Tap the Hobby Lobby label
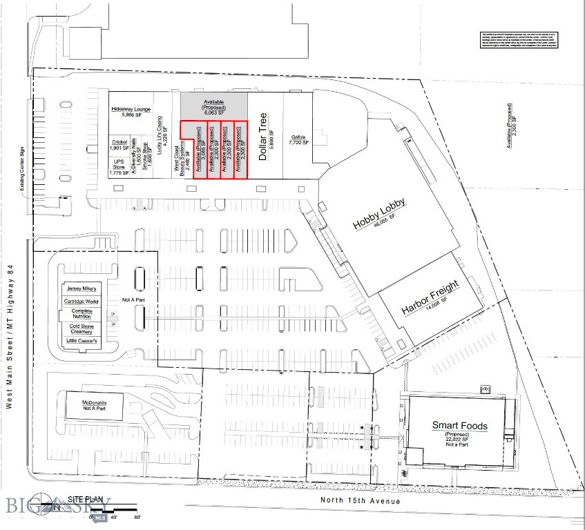[378, 215]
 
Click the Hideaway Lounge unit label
[131, 112]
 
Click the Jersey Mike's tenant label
[81, 288]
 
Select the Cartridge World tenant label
[81, 301]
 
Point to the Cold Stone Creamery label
[81, 328]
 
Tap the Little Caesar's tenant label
[81, 341]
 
